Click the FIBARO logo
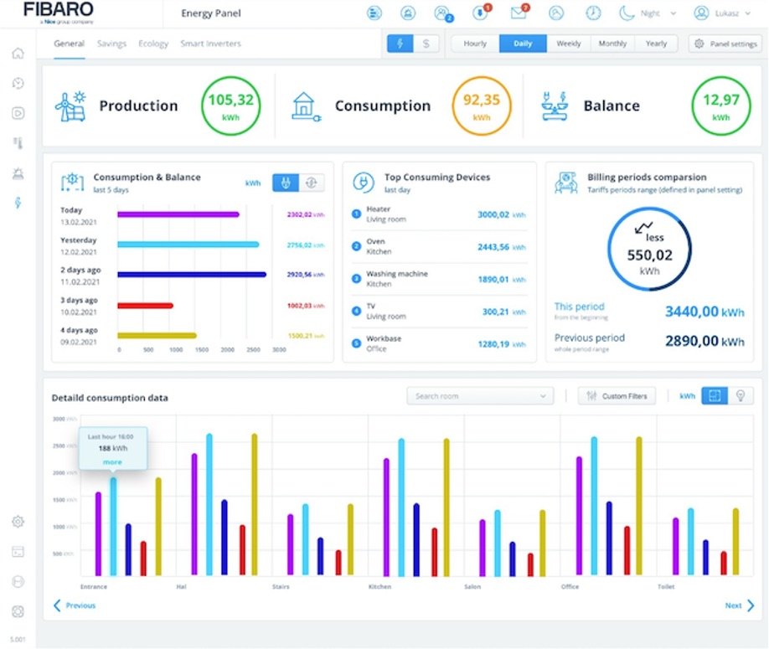pyautogui.click(x=59, y=12)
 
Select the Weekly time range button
pyautogui.click(x=568, y=44)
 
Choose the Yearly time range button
pyautogui.click(x=656, y=44)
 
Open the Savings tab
pyautogui.click(x=111, y=44)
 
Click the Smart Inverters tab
pyautogui.click(x=210, y=44)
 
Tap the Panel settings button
pyautogui.click(x=725, y=44)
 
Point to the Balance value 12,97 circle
pyautogui.click(x=721, y=106)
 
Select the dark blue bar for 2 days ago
pyautogui.click(x=191, y=274)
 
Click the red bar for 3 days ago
pyautogui.click(x=145, y=305)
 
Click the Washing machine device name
pyautogui.click(x=396, y=274)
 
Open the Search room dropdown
pyautogui.click(x=480, y=396)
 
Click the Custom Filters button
pyautogui.click(x=617, y=396)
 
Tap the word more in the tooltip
pyautogui.click(x=112, y=462)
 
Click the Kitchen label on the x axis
pyautogui.click(x=379, y=587)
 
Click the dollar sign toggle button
pyautogui.click(x=426, y=44)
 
